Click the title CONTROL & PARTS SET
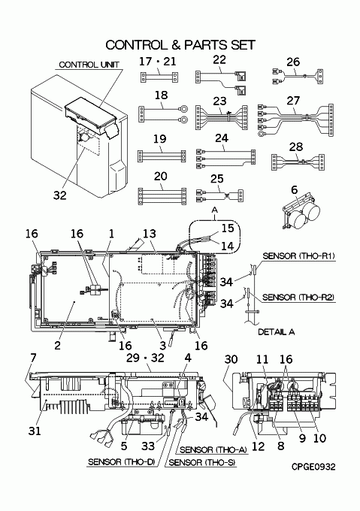[180, 45]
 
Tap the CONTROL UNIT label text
[89, 65]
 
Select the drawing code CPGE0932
[313, 467]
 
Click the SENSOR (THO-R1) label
[298, 255]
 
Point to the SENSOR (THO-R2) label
[298, 298]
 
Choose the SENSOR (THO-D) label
[122, 462]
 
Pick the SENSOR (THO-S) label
[202, 462]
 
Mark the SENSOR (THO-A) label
[213, 449]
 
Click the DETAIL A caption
[277, 331]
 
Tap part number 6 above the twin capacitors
[294, 189]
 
